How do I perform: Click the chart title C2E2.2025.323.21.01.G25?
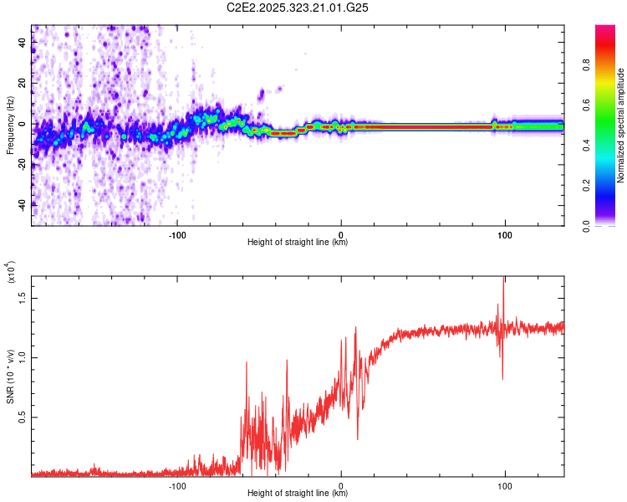298,8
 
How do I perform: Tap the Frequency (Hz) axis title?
10,125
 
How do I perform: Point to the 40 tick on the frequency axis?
22,43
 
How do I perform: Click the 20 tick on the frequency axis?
22,84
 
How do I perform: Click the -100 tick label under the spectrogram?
177,234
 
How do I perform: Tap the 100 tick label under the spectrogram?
504,234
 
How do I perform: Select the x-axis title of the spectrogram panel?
298,243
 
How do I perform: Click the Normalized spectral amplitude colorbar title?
621,125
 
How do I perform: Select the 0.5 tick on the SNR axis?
22,417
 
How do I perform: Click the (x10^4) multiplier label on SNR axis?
10,272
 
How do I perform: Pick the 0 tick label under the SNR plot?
340,485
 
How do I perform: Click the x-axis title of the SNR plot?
298,494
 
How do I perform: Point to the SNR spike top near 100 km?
503,279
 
